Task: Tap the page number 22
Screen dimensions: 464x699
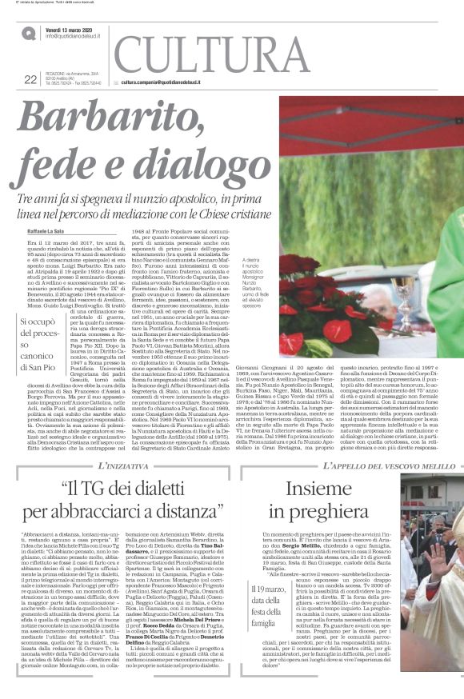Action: tap(30, 78)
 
